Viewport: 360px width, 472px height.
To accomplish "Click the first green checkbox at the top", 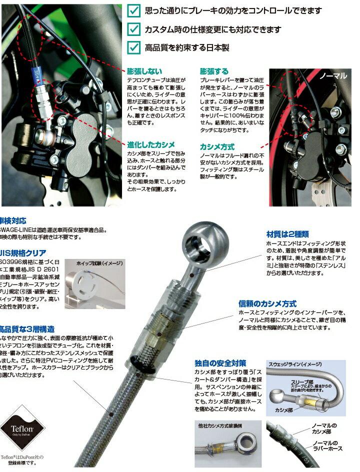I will point(133,10).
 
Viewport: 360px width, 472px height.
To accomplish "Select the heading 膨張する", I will point(214,71).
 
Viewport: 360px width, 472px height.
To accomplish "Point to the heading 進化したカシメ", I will point(151,144).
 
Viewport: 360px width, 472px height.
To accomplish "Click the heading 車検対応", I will point(17,220).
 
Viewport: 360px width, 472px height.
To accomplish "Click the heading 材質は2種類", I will point(287,234).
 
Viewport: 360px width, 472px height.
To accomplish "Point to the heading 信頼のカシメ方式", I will point(267,303).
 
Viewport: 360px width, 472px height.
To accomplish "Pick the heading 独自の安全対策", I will point(220,363).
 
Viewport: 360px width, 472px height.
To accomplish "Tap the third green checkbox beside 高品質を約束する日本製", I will point(133,47).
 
